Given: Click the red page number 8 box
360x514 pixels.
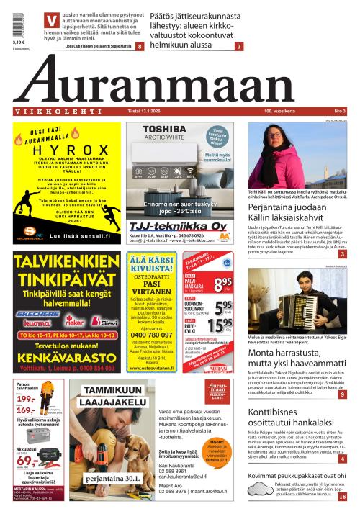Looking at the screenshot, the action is [x=139, y=46].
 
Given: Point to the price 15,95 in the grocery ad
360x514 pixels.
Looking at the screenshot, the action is [x=222, y=326].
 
